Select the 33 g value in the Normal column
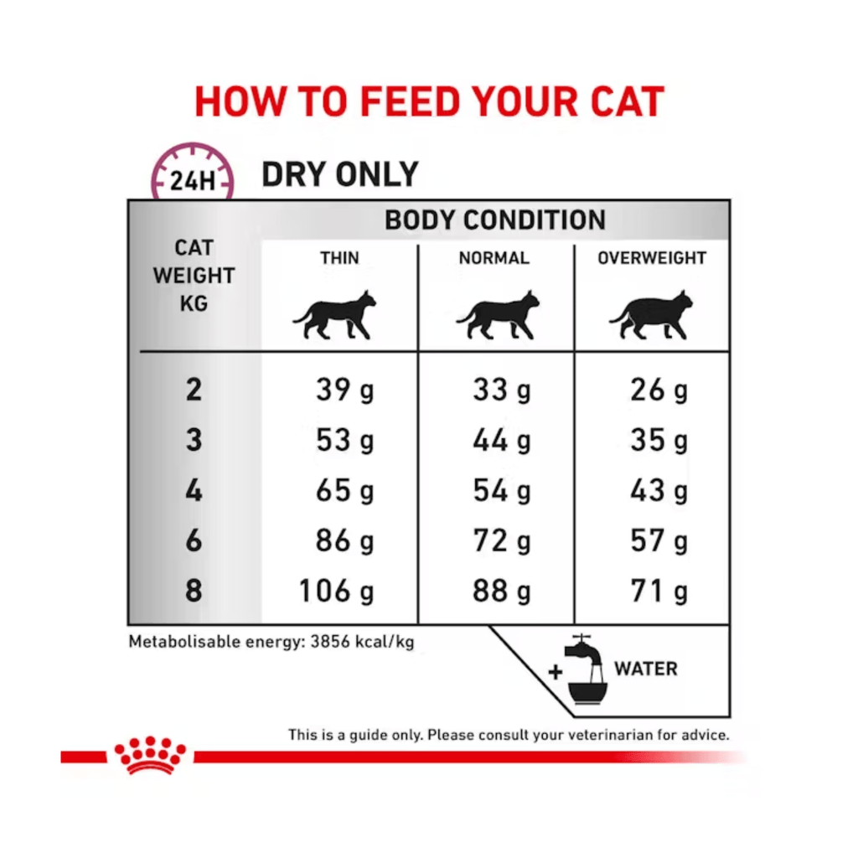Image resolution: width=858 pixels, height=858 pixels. (502, 390)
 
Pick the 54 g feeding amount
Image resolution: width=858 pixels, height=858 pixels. (502, 491)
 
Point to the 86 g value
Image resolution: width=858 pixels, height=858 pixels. (344, 542)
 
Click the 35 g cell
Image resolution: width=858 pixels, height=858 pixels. (659, 441)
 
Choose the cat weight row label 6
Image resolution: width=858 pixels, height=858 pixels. (194, 541)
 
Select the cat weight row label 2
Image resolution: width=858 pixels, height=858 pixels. (194, 390)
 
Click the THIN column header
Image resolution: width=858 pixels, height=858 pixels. (339, 258)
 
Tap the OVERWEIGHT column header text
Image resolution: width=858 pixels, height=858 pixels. (652, 258)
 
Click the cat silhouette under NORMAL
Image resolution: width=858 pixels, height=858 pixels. (498, 315)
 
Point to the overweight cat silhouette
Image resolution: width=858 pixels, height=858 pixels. (651, 315)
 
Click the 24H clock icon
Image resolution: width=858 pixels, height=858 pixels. (193, 171)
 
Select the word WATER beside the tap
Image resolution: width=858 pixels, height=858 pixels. (646, 669)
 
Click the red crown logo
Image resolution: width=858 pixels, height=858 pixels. (150, 755)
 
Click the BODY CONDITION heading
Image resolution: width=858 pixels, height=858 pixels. (495, 220)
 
